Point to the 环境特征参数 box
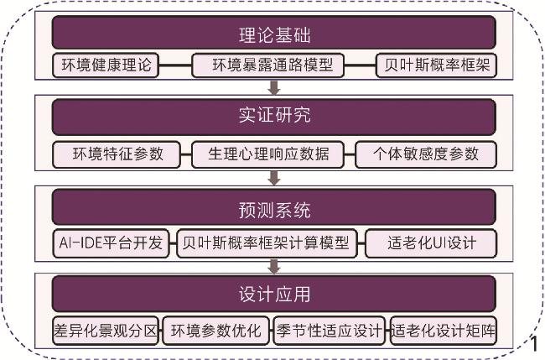click(117, 154)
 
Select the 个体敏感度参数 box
click(425, 154)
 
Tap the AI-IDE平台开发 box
click(113, 243)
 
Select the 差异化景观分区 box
click(105, 329)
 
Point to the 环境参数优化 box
click(215, 329)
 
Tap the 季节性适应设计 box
click(330, 329)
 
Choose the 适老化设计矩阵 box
click(443, 329)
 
